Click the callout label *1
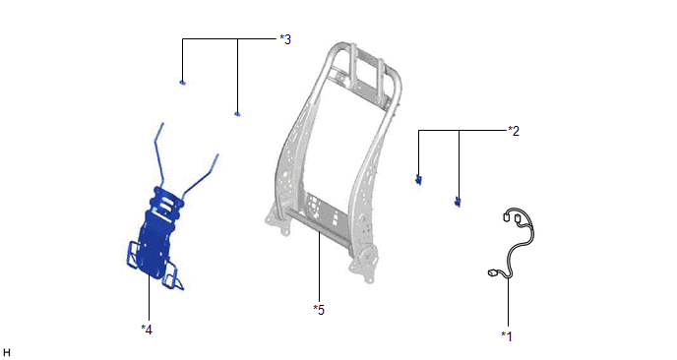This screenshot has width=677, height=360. click(x=507, y=335)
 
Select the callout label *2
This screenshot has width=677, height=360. click(x=514, y=131)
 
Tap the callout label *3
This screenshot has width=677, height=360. click(x=285, y=39)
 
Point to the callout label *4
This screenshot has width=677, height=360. click(x=147, y=330)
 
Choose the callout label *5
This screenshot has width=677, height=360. click(x=319, y=310)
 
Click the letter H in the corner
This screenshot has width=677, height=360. click(x=6, y=353)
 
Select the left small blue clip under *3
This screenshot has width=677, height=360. click(x=183, y=82)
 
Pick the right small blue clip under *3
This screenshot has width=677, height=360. click(x=237, y=114)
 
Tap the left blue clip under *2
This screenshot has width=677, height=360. click(x=418, y=180)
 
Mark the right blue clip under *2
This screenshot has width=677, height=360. click(x=458, y=202)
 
